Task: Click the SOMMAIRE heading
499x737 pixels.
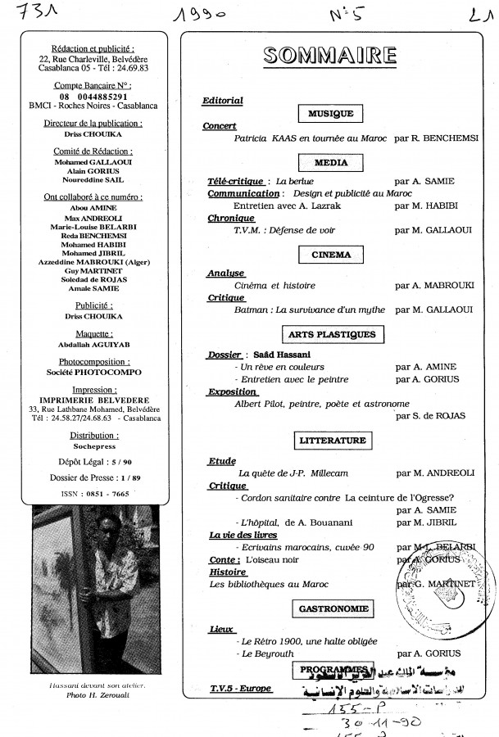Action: click(x=331, y=56)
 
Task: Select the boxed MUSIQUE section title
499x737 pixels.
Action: click(x=325, y=114)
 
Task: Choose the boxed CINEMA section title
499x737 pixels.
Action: click(x=331, y=255)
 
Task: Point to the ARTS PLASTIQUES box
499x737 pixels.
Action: click(x=331, y=334)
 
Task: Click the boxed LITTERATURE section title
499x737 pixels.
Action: click(x=332, y=441)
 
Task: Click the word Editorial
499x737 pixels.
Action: click(x=223, y=101)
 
